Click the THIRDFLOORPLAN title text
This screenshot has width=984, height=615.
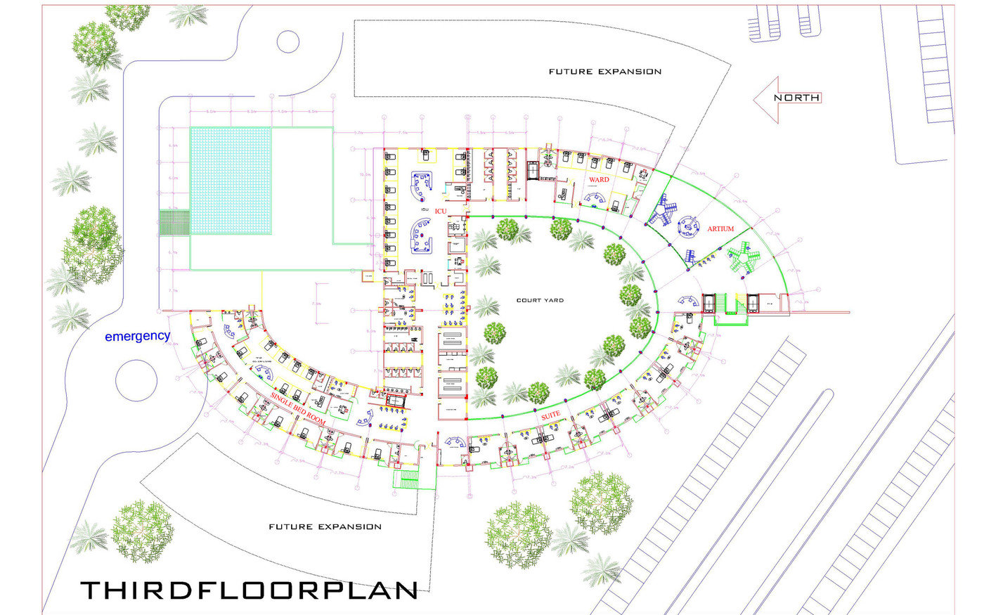[249, 590]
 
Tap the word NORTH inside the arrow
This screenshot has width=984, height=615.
[796, 98]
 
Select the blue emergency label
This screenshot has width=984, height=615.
[137, 336]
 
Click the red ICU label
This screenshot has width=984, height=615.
[441, 211]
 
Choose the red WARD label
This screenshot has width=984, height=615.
[599, 180]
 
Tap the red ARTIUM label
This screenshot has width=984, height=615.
[720, 228]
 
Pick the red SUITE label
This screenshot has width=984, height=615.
[550, 416]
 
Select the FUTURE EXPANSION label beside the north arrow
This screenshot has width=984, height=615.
[604, 72]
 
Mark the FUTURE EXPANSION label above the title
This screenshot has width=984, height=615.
[325, 526]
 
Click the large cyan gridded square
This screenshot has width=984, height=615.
[231, 181]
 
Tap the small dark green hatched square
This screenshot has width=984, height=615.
[174, 222]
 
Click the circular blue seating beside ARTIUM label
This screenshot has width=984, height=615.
[689, 224]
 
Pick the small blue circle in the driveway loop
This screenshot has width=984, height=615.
[288, 42]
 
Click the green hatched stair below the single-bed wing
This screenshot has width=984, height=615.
[408, 479]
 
